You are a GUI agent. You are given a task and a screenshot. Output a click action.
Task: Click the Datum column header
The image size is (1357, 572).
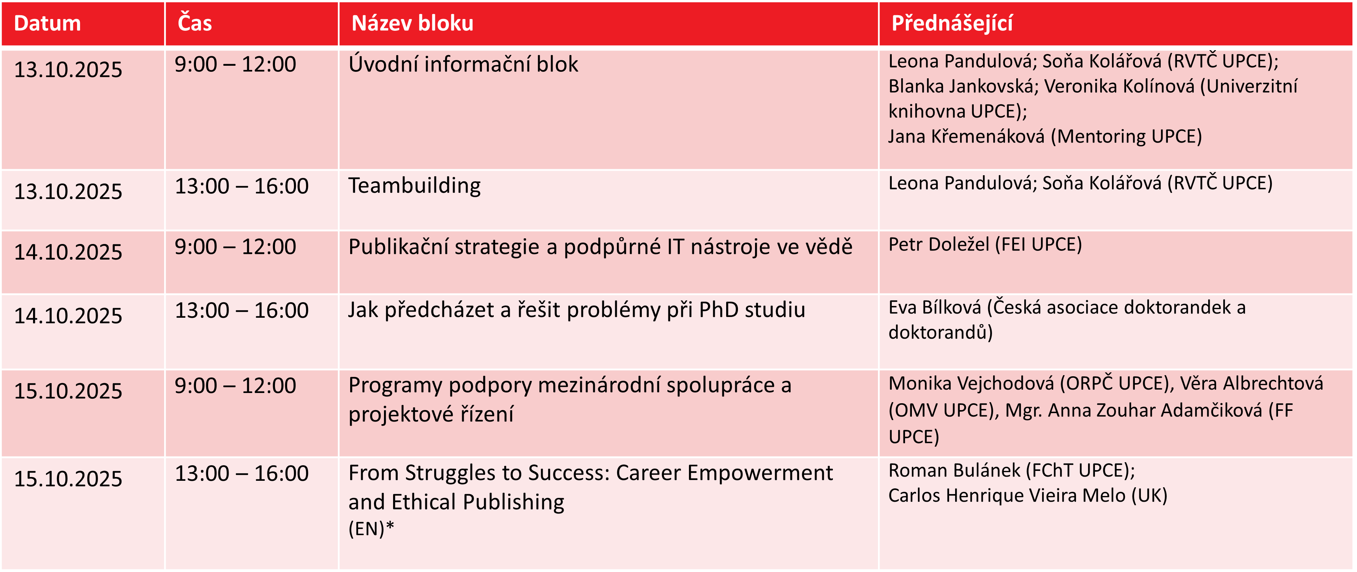[x=47, y=24]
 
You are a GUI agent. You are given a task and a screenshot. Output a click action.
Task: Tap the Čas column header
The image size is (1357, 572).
[x=195, y=23]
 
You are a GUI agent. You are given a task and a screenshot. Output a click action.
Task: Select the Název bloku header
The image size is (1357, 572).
[x=412, y=24]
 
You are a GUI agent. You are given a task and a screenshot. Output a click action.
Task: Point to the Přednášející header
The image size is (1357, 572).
[x=952, y=24]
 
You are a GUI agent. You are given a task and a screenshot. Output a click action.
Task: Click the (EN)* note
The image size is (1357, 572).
[x=371, y=528]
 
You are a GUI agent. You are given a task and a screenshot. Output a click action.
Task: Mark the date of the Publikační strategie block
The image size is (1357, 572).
[x=68, y=252]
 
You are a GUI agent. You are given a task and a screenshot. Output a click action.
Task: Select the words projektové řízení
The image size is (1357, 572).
[x=431, y=414]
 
